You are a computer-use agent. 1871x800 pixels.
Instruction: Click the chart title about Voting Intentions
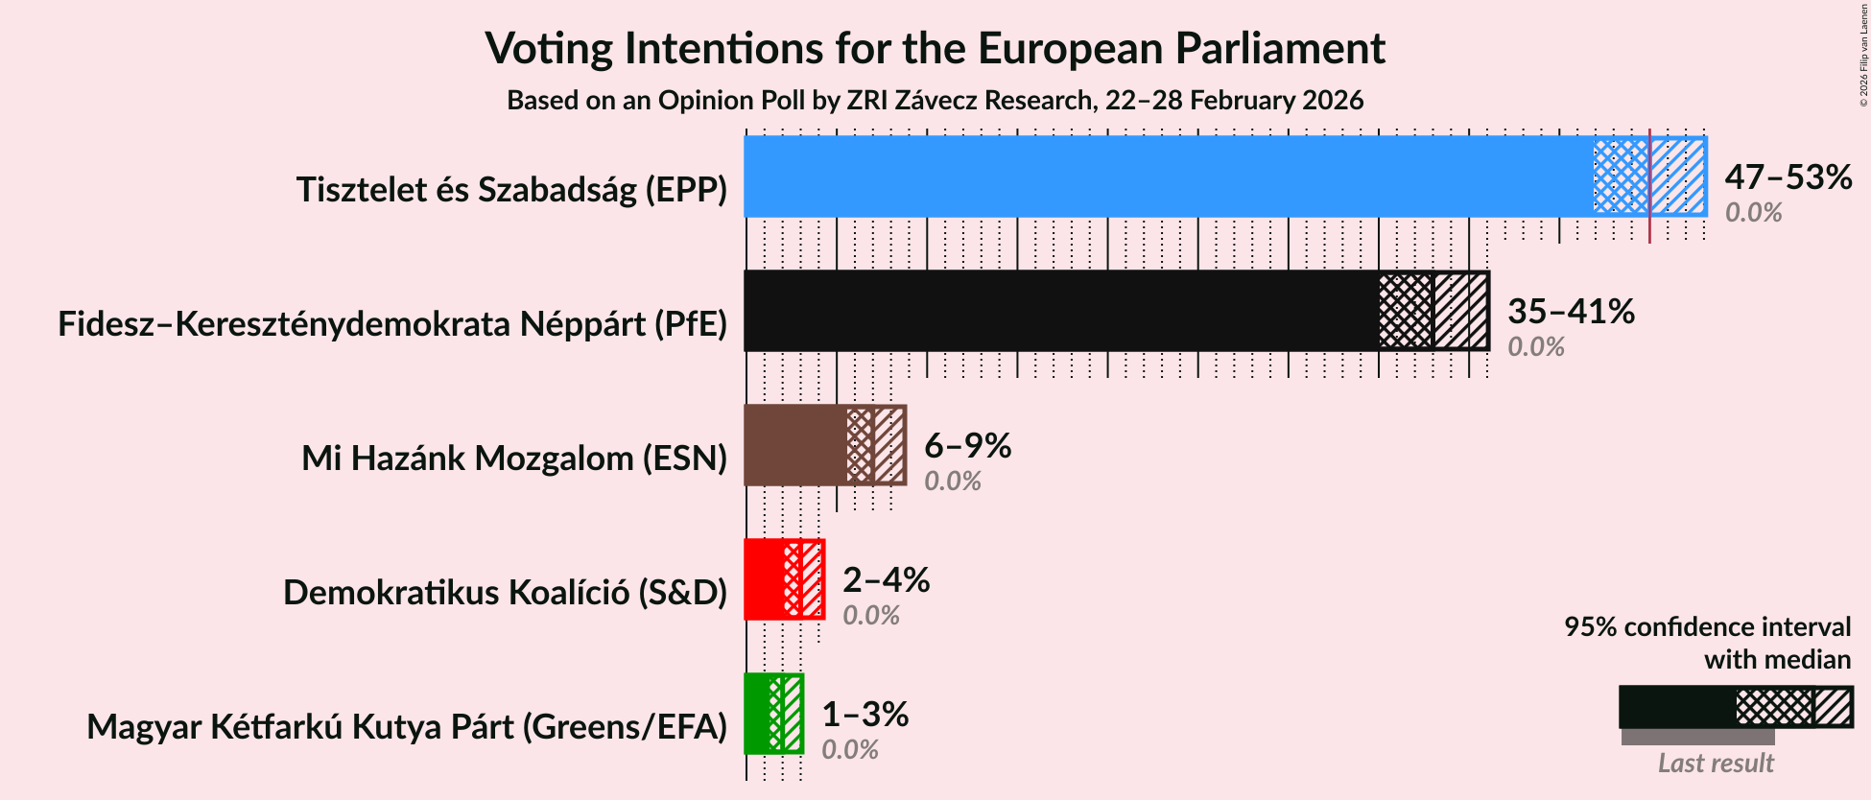click(935, 48)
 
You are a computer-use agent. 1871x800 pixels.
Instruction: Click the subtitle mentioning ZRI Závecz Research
click(935, 101)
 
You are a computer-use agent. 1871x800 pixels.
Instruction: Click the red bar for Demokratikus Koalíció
click(764, 579)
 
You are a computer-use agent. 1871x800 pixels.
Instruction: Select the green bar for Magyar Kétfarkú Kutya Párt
click(757, 714)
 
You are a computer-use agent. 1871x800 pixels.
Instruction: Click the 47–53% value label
click(1788, 177)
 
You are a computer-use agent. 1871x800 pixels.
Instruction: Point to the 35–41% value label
click(1571, 312)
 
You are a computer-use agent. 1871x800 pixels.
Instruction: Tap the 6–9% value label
click(967, 446)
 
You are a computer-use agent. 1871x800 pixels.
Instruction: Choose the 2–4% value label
click(886, 580)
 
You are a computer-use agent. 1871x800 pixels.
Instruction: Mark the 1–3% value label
click(864, 715)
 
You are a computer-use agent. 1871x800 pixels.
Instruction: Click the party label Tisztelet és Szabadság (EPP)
click(511, 190)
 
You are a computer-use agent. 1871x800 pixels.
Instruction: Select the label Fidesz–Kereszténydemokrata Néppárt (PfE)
click(392, 324)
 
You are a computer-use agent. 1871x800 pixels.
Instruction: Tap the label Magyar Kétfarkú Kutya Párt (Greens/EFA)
click(407, 727)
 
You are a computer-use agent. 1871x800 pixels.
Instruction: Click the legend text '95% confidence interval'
click(1707, 627)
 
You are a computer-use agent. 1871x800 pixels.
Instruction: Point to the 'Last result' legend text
click(1716, 764)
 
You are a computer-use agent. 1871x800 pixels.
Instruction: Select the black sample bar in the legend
click(1677, 707)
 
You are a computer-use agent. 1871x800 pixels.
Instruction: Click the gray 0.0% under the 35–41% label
click(1535, 347)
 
